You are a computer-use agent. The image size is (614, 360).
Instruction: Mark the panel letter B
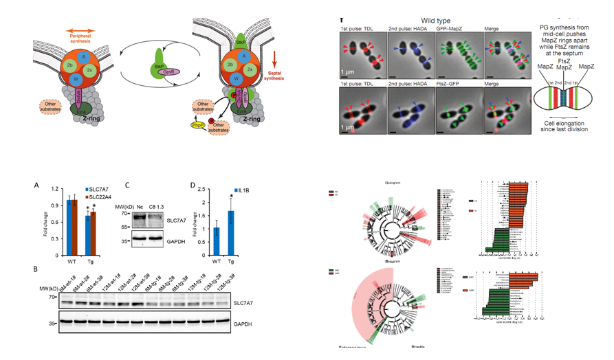[x=36, y=269]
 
